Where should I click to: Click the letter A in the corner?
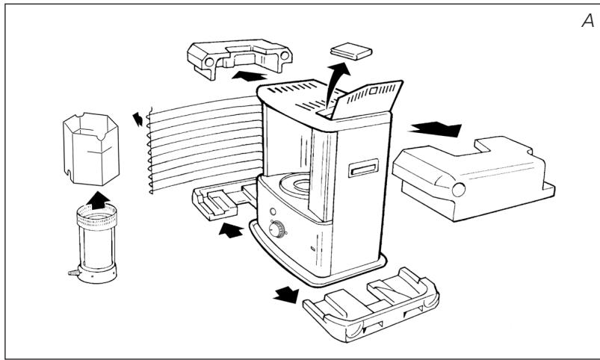[x=587, y=22]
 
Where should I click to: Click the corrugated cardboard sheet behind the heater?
[x=202, y=142]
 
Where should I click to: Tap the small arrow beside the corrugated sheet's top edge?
[x=136, y=118]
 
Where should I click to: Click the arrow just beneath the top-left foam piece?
[x=250, y=76]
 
